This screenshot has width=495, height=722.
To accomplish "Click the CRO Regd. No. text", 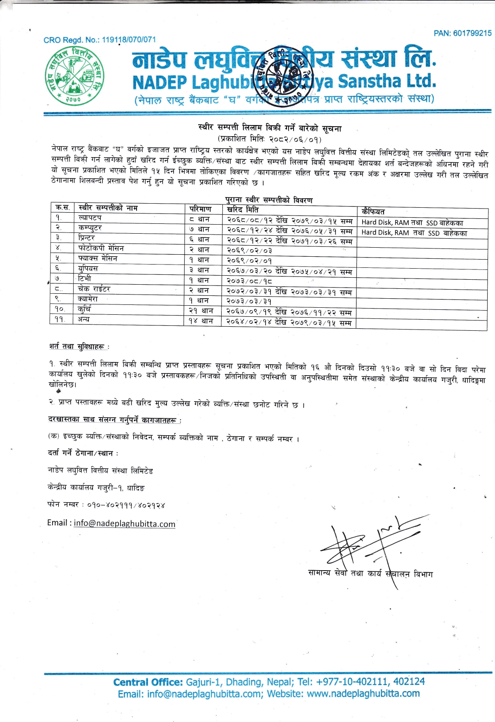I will click(100, 40).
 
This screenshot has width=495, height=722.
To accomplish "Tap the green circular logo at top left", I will click(74, 75).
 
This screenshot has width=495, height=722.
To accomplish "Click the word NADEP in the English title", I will click(160, 83).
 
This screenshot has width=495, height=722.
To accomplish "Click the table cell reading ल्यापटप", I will click(90, 218).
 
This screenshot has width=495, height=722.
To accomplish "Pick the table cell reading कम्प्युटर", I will click(90, 228).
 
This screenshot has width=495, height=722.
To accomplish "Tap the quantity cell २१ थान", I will click(201, 311).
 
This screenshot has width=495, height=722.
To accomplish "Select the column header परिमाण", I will click(201, 209).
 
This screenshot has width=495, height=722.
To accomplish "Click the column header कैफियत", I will click(373, 211).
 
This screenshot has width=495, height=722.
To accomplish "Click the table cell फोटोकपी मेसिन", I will click(101, 248).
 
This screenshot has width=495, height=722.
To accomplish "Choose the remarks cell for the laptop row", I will click(412, 223).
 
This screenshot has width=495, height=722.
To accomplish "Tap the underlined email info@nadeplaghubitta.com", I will click(125, 524).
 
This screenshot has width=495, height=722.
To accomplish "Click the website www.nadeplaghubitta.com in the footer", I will click(363, 694).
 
